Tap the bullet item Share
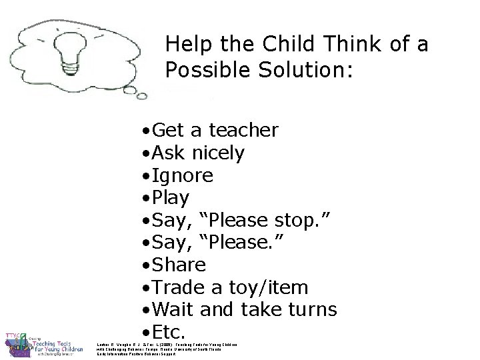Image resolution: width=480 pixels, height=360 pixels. tap(179, 265)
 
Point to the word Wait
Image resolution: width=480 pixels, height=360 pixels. tap(175, 309)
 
